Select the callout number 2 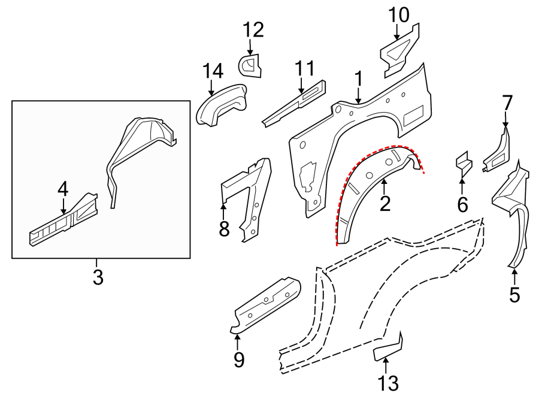click(384, 204)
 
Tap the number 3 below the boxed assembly click(98, 277)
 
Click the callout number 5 click(514, 295)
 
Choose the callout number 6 click(462, 204)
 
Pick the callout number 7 click(507, 103)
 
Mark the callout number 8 click(224, 228)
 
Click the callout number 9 click(238, 359)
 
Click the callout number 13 click(387, 382)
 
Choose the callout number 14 click(213, 71)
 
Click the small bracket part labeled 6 click(463, 162)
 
